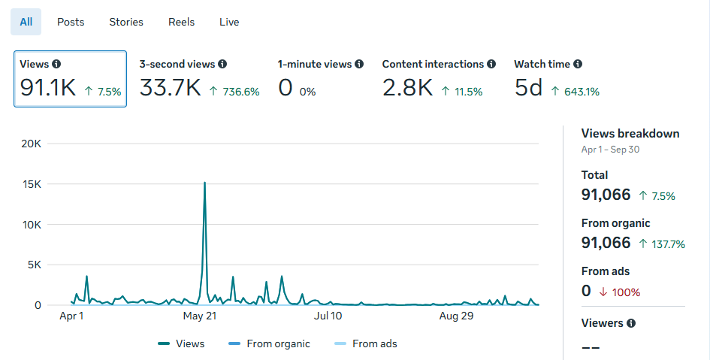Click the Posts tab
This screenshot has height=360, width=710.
71,22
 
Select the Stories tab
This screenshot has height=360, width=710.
126,22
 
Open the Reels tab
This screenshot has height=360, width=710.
181,22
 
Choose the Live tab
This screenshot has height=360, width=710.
229,22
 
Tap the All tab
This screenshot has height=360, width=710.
26,22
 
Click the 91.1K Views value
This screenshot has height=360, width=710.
48,89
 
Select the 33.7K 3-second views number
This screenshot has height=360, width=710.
170,89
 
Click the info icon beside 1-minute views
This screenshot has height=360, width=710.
359,65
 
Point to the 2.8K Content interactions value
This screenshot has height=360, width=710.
407,89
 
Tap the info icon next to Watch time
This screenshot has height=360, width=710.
578,65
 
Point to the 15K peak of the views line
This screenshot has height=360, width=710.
204,183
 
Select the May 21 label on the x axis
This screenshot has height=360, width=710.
200,316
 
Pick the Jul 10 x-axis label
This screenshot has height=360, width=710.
328,316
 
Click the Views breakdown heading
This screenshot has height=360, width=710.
630,134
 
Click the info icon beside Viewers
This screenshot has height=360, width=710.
631,323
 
